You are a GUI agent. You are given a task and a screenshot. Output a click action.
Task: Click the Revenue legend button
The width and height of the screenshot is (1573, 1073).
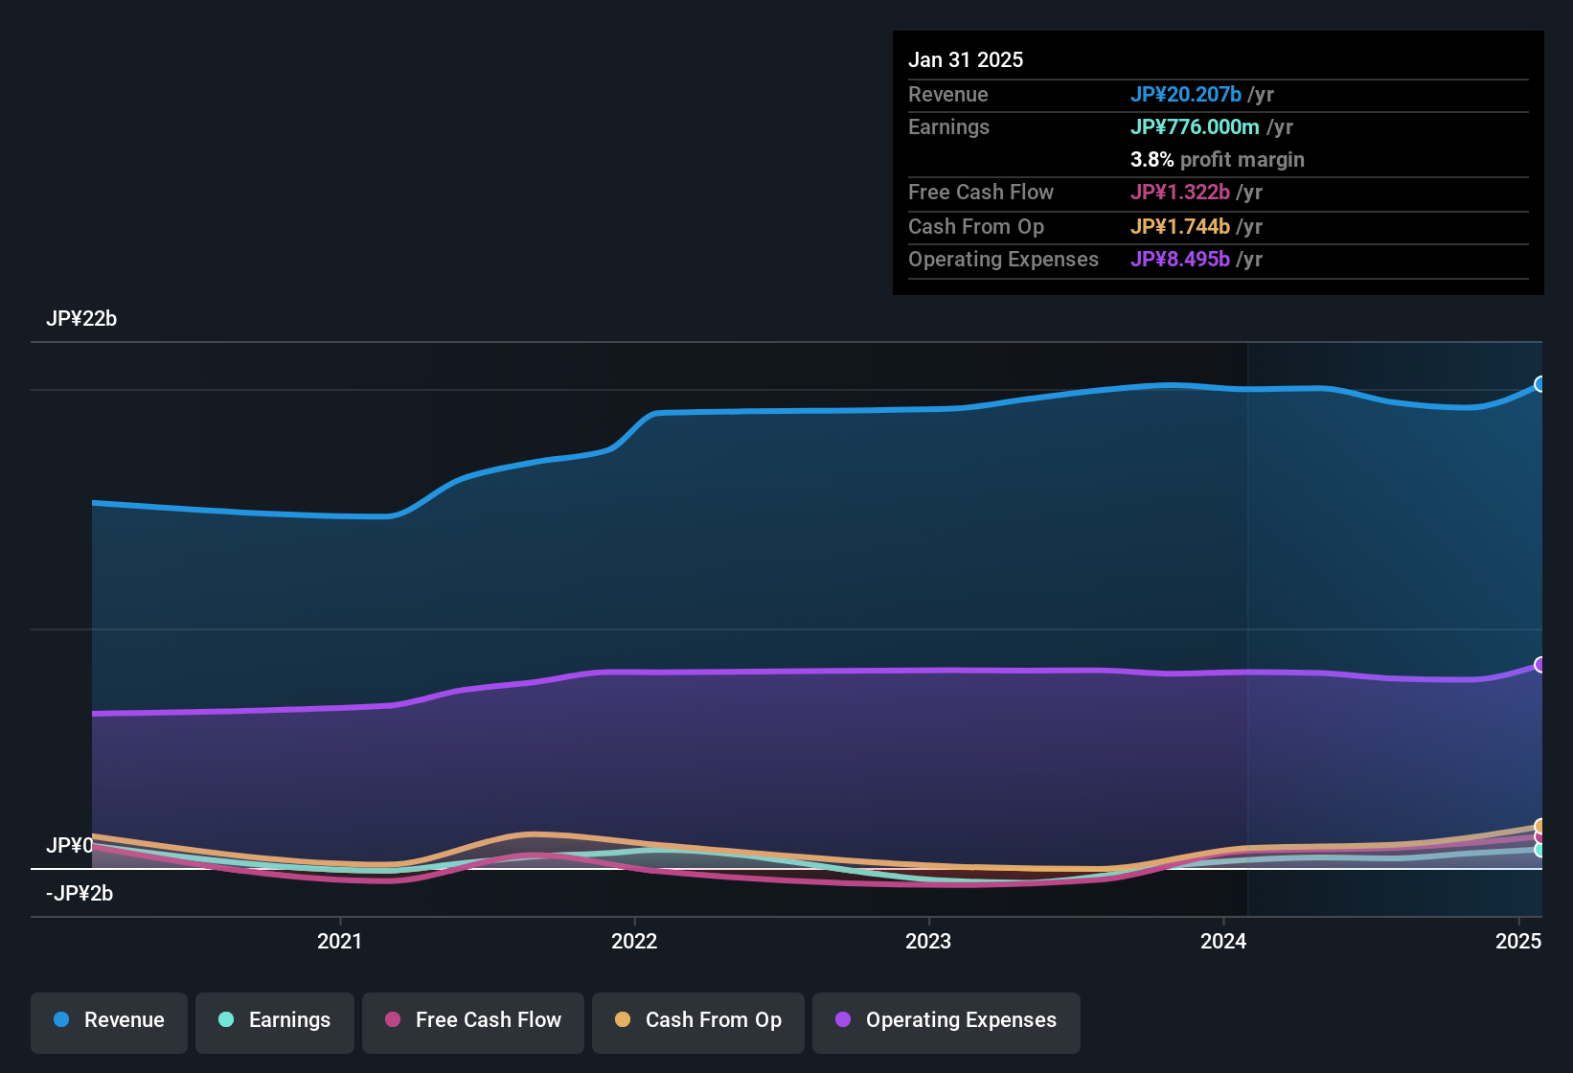point(109,1020)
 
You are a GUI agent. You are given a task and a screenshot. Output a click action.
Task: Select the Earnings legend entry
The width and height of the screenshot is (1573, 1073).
point(275,1020)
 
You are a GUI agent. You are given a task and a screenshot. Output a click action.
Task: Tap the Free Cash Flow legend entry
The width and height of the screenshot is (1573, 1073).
point(473,1020)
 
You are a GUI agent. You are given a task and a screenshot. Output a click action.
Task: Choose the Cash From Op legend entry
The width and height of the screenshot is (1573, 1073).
point(698,1020)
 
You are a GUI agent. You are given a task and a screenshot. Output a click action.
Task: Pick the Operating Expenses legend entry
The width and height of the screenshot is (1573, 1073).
point(946,1020)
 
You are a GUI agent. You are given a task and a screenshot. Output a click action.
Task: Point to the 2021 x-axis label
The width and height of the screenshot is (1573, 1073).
point(339,941)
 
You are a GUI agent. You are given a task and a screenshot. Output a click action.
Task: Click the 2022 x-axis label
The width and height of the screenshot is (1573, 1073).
point(634,941)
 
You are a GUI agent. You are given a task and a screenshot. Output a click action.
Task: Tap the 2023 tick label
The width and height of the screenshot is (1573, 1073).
point(928,941)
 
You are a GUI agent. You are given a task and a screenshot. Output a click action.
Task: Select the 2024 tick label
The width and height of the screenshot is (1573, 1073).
point(1223,941)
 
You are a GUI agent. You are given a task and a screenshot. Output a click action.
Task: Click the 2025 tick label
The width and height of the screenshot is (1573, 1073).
point(1517,941)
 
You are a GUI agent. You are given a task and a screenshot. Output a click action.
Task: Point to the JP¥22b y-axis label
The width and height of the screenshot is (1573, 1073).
point(81,319)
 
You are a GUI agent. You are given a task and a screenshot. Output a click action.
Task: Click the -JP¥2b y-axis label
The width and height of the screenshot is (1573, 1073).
point(80,894)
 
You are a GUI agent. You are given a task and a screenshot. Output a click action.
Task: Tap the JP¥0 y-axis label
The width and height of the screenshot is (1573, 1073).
point(70,846)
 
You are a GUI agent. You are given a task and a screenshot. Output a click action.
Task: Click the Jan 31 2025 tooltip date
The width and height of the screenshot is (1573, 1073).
point(966,59)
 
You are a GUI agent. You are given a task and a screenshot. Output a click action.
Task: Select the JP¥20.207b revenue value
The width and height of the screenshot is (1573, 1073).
point(1186,94)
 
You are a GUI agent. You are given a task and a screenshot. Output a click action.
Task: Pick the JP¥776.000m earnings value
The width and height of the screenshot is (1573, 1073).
point(1195,126)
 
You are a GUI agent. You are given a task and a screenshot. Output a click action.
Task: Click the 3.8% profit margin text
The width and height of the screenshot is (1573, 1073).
point(1217,159)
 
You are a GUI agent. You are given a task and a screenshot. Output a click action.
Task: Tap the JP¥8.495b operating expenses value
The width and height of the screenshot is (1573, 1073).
point(1179,259)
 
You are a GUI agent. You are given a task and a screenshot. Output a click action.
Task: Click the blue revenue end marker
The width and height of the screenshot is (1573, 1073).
point(1539,384)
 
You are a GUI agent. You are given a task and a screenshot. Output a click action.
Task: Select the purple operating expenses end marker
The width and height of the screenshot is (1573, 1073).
point(1539,665)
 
